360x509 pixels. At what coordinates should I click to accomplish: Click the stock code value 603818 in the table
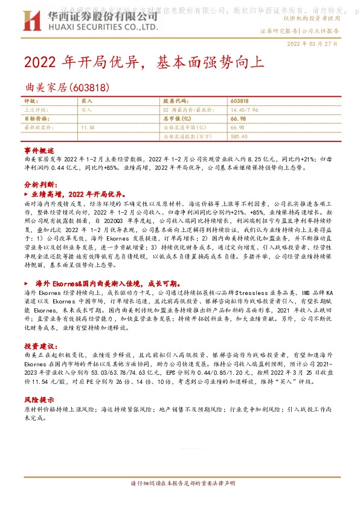(240, 101)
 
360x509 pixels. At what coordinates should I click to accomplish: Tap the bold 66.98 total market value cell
(237, 119)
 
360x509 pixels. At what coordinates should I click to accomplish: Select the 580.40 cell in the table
(239, 137)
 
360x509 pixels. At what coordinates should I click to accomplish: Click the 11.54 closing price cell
(88, 128)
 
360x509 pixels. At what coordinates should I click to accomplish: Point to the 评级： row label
(31, 101)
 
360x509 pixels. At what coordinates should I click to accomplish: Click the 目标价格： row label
(34, 119)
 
